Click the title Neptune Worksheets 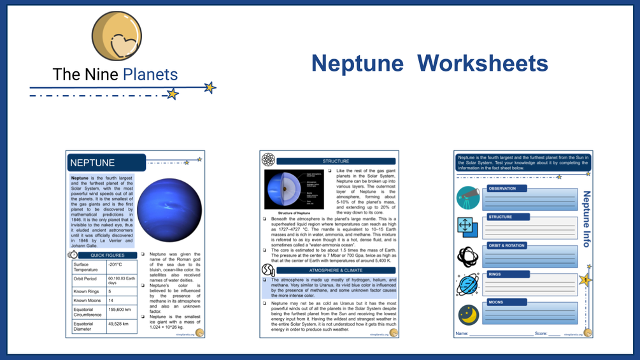pos(429,63)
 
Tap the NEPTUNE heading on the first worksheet pos(93,163)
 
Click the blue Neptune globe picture pos(169,210)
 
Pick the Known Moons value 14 pos(111,300)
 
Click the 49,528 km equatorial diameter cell pos(119,324)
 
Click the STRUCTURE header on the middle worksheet pos(336,161)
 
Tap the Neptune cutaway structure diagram pos(295,189)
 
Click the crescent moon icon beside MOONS pos(468,313)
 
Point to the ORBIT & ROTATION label pos(507,246)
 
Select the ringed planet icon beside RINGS pos(468,285)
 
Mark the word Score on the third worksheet pos(541,333)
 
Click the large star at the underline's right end pos(210,87)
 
